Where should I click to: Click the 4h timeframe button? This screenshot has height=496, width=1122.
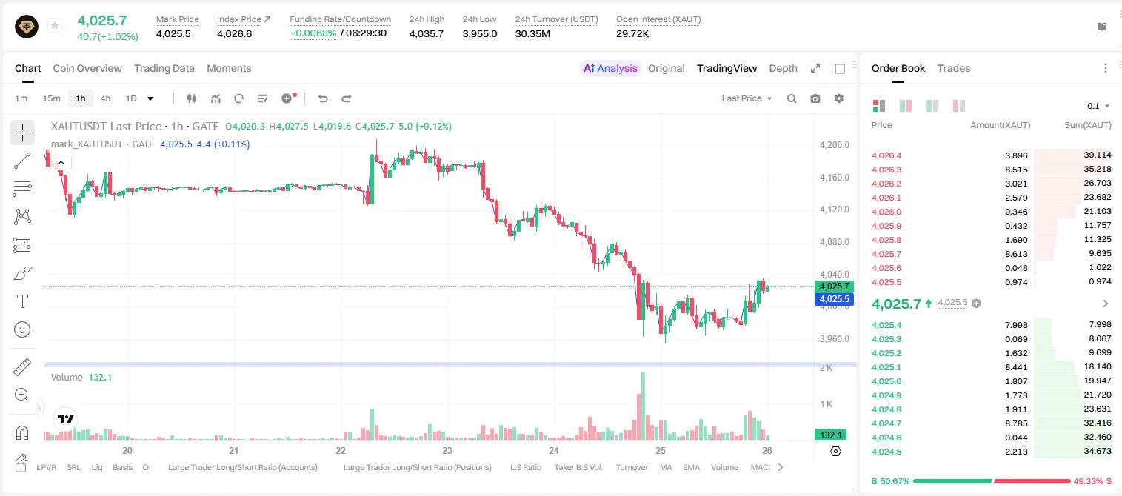tap(105, 98)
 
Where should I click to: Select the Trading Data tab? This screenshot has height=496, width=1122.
tap(164, 68)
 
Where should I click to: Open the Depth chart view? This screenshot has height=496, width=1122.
tap(783, 68)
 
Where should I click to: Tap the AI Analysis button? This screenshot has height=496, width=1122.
tap(610, 68)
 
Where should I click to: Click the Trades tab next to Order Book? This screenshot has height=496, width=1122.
tap(954, 68)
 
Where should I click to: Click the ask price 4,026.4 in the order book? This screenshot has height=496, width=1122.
tap(886, 155)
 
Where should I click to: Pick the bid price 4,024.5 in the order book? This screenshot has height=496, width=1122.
tap(886, 452)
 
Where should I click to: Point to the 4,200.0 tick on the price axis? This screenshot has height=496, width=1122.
tap(835, 145)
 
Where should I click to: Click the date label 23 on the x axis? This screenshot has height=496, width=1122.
tap(447, 450)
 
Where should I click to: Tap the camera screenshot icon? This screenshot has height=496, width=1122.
tap(815, 98)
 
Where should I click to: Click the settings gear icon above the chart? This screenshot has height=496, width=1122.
tap(839, 98)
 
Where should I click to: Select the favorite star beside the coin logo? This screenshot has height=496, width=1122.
tap(55, 25)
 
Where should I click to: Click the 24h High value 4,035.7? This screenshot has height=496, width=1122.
tap(427, 33)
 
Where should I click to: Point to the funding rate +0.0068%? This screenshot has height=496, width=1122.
tap(313, 33)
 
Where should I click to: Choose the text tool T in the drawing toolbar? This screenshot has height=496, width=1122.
tap(22, 301)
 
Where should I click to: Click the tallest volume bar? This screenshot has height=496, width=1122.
tap(643, 406)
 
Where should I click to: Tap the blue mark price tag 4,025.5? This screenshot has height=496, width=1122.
tap(834, 299)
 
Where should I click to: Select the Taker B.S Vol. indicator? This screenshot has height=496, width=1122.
tap(578, 467)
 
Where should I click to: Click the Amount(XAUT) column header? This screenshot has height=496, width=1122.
tap(1001, 125)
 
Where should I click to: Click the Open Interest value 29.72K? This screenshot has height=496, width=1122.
tap(632, 33)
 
